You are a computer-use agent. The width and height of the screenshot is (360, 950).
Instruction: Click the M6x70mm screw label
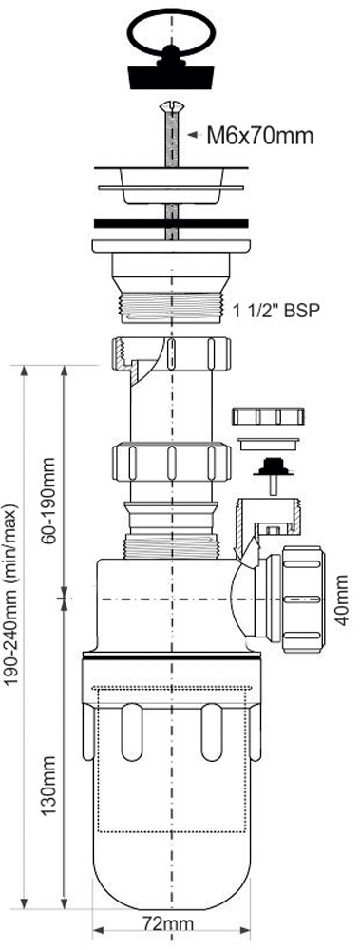point(260,136)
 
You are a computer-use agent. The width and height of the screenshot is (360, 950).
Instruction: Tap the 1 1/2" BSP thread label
point(275,311)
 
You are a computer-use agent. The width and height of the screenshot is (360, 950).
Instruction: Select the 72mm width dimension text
point(168,924)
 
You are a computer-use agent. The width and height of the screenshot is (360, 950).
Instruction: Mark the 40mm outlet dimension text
point(342,599)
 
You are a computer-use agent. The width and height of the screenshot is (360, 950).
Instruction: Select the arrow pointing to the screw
point(194,136)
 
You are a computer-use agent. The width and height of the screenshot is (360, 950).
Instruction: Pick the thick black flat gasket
point(172,223)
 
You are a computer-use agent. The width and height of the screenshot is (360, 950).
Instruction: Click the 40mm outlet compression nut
point(302,599)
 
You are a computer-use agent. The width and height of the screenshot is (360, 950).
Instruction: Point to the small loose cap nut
point(267,417)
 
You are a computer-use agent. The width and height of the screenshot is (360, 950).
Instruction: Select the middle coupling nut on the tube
point(172,463)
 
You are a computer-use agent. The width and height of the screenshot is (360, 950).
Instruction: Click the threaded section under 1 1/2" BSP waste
point(172,308)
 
